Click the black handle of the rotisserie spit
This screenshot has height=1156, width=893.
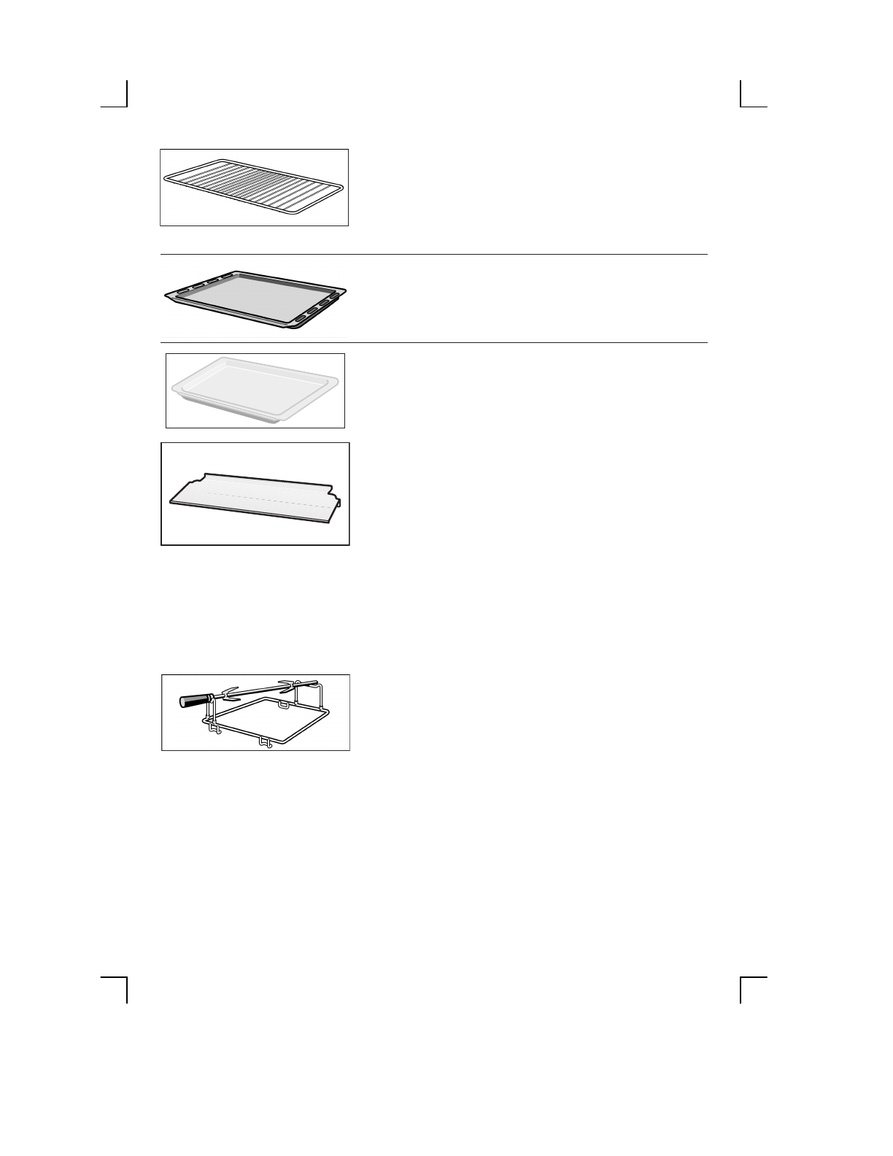coord(193,701)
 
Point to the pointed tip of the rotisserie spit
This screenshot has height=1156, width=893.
coord(318,683)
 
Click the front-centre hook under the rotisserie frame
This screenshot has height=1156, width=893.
coord(266,743)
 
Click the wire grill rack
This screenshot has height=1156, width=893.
coord(254,188)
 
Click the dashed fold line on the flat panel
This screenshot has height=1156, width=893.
coord(263,498)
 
